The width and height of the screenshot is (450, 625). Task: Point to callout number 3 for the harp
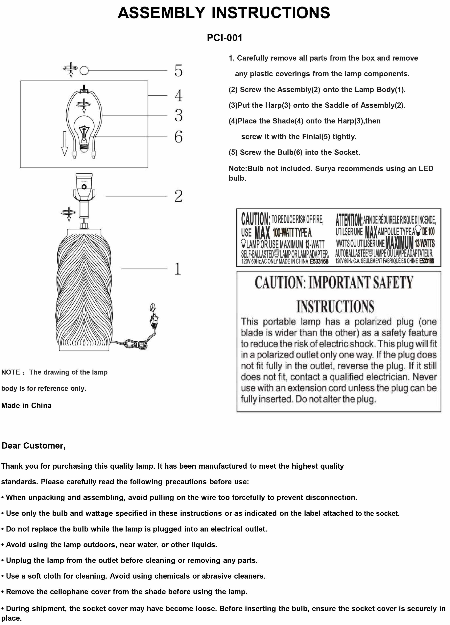coord(178,115)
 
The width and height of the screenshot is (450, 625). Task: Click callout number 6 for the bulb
coord(178,137)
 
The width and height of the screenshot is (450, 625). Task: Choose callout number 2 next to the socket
coord(178,196)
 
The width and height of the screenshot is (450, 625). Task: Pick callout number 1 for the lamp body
coord(178,269)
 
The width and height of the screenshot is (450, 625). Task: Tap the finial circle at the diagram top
coord(84,71)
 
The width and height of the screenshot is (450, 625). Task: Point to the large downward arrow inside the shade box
coord(65,143)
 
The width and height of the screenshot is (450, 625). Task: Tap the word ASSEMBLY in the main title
coord(161,13)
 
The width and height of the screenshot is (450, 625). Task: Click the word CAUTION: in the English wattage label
coord(255,219)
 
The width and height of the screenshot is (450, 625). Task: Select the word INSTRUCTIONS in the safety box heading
coord(335,307)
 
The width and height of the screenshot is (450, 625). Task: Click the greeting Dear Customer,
coord(34,446)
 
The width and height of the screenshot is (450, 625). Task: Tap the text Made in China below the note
coord(26,405)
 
